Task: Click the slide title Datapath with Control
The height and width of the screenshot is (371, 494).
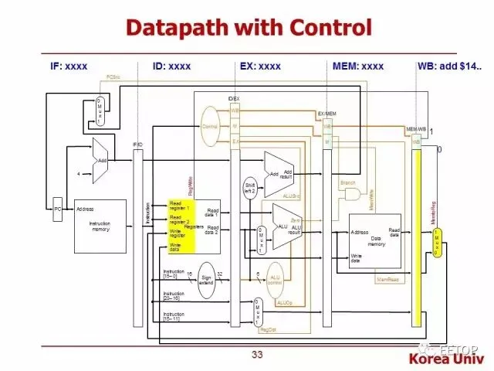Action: point(249,29)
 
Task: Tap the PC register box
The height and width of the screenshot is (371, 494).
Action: point(57,208)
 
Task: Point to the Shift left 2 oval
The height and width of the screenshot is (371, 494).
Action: point(249,189)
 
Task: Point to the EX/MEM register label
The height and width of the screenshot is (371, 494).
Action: point(327,114)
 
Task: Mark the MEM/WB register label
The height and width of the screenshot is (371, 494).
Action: point(417,129)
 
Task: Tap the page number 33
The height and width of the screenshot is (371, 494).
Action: point(258,356)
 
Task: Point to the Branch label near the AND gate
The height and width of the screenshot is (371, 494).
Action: point(348,182)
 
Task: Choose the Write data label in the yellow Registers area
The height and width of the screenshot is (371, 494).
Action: point(176,247)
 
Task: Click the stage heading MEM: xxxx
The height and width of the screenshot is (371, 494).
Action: point(357,66)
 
